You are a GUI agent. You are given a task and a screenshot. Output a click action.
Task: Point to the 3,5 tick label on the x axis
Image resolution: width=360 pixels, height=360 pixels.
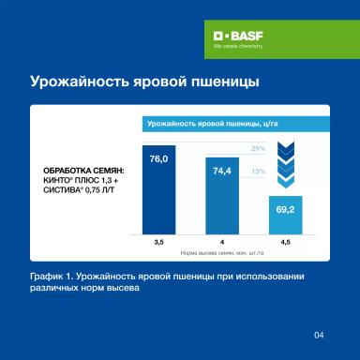[158, 242]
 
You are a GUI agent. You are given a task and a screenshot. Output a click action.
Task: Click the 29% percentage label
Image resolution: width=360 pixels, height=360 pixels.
[259, 149]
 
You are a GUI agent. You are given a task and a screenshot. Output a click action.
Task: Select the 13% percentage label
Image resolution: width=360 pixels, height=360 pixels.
[259, 172]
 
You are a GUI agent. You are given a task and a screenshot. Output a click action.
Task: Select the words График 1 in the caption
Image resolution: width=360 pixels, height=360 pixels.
[52, 278]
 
